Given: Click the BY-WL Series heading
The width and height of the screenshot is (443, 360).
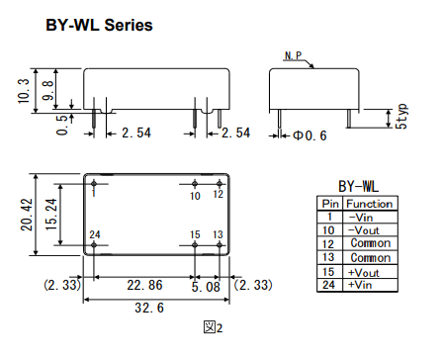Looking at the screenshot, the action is (99, 25).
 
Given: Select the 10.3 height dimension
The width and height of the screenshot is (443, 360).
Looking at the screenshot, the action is (24, 91).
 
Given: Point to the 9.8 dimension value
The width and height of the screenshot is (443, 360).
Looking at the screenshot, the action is (48, 90).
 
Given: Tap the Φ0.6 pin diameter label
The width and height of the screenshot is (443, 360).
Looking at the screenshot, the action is (310, 135).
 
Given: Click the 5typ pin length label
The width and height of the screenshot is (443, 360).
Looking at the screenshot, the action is (401, 116).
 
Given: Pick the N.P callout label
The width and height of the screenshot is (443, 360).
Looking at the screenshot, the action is (293, 55).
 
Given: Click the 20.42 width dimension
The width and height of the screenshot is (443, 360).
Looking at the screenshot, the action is (27, 215).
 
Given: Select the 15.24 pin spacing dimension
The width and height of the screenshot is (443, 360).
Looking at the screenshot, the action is (51, 215).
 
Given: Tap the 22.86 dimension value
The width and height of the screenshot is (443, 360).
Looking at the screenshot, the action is (144, 285).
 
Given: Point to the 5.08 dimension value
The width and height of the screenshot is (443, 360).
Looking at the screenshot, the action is (206, 287).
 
